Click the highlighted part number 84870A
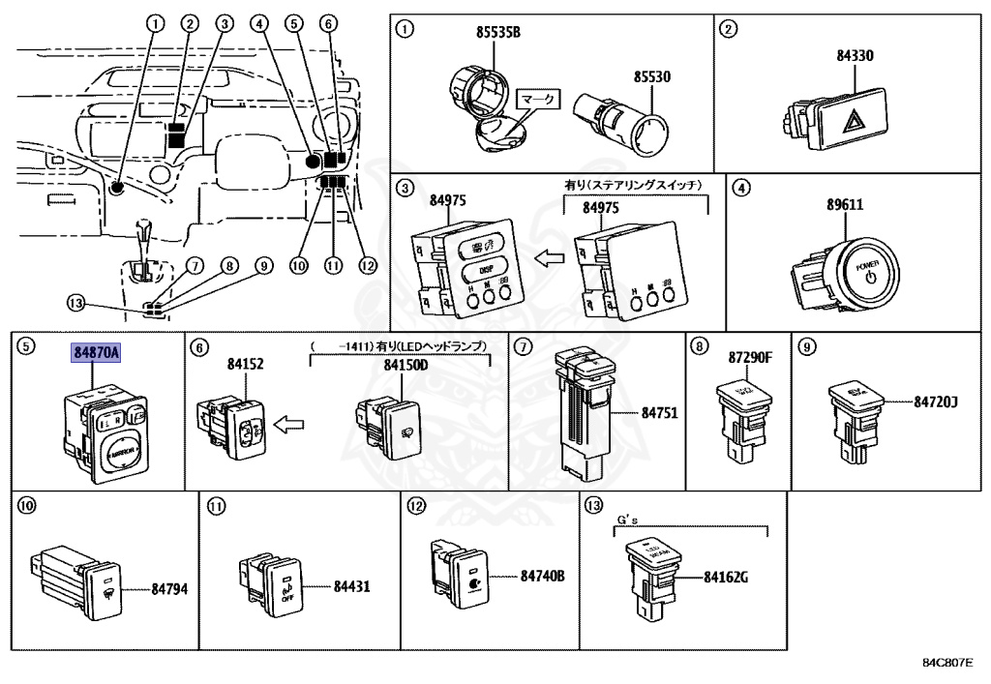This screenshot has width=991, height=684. tap(95, 353)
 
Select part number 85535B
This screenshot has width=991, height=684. tap(497, 33)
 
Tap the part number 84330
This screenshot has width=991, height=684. tap(856, 56)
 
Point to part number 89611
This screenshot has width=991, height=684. tap(844, 205)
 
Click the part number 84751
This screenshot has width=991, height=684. tap(659, 412)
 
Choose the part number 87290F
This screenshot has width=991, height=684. tap(750, 358)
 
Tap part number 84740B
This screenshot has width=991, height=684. tap(542, 577)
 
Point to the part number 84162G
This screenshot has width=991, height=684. tap(727, 580)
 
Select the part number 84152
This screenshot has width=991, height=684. tap(246, 364)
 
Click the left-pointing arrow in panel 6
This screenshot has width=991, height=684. tap(290, 423)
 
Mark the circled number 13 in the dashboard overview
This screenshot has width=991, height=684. tap(76, 303)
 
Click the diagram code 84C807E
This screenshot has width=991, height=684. tap(947, 665)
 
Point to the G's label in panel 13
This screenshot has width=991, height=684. tap(630, 520)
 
